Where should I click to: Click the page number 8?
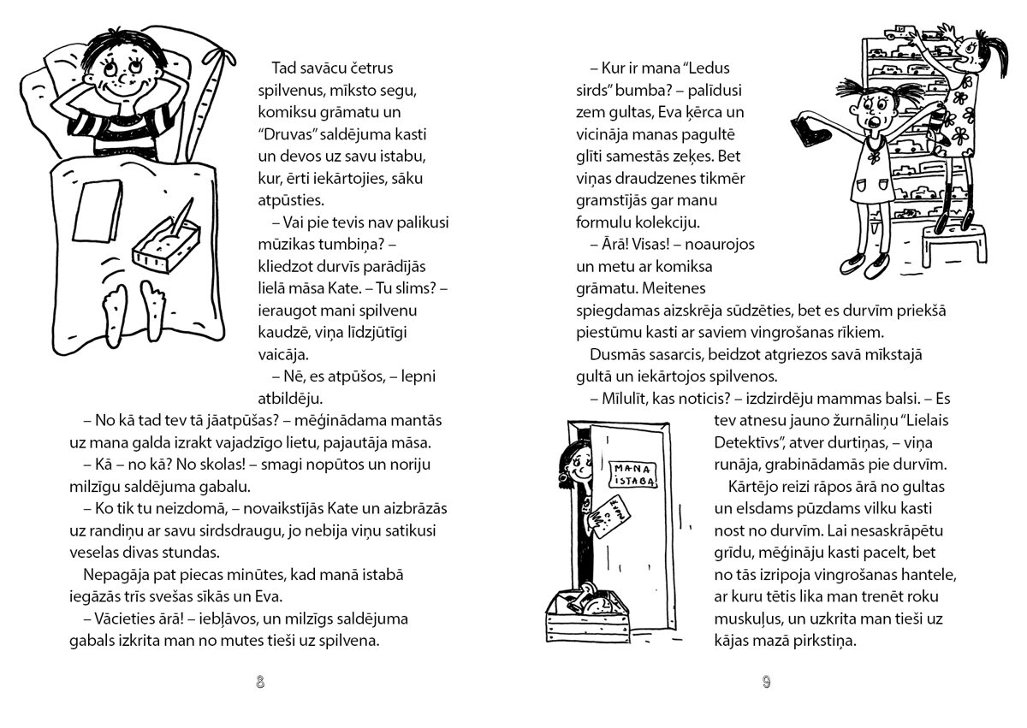coord(260,682)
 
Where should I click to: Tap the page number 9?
coord(766,682)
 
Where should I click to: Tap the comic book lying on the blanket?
coord(96,210)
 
